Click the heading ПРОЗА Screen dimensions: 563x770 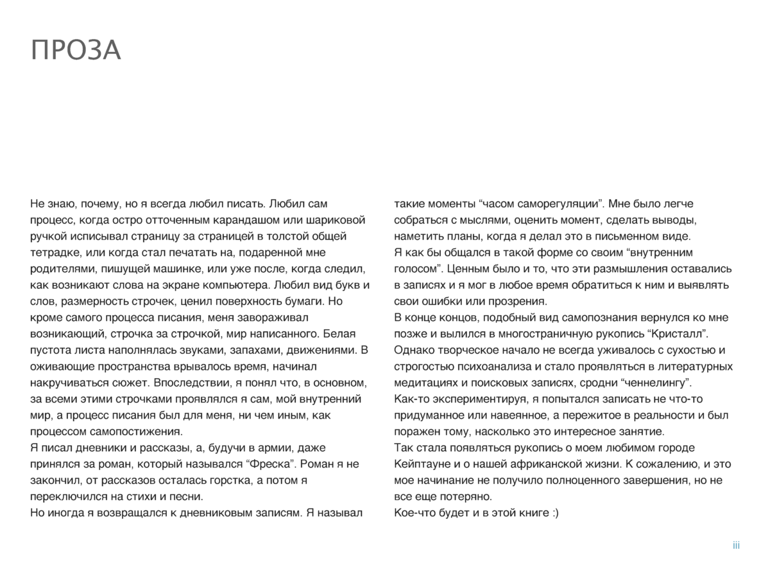[x=76, y=51]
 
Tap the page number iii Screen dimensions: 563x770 [x=736, y=546]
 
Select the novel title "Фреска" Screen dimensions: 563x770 [x=266, y=464]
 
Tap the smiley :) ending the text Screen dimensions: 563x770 [x=551, y=513]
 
